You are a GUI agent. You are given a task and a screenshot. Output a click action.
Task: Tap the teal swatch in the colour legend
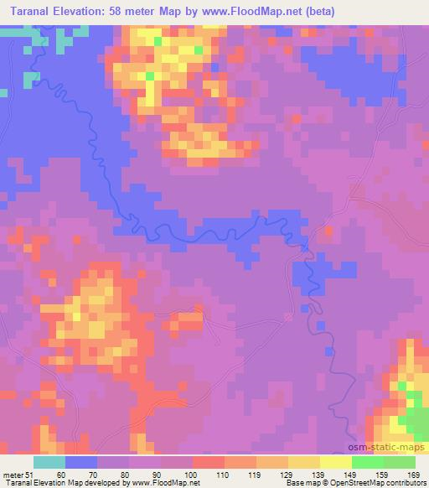click(x=49, y=462)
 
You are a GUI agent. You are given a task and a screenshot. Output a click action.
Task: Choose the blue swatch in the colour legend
click(x=81, y=462)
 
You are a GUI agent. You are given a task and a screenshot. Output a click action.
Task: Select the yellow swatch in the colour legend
click(x=336, y=462)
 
